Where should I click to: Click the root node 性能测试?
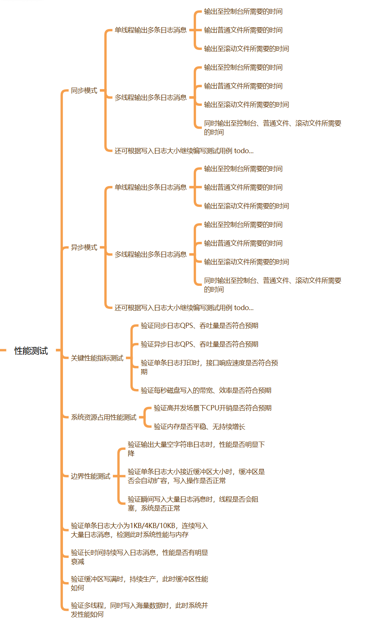(31, 351)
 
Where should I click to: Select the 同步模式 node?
(84, 91)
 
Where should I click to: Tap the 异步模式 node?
(84, 247)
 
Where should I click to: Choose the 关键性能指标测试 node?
(97, 358)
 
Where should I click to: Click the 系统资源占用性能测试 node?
(104, 417)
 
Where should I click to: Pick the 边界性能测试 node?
(91, 476)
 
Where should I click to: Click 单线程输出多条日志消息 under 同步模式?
(151, 30)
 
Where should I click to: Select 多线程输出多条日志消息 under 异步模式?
(151, 255)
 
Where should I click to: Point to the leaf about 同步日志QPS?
(199, 326)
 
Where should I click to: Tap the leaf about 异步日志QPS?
(199, 344)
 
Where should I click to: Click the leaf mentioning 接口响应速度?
(209, 367)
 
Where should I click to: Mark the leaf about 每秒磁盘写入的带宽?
(206, 391)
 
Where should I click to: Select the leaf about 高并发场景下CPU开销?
(212, 408)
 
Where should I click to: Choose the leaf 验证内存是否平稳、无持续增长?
(199, 427)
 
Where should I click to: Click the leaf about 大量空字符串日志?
(196, 449)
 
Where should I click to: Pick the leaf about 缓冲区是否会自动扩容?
(196, 476)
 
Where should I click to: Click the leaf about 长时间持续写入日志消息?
(139, 557)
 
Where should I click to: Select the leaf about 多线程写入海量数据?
(139, 610)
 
